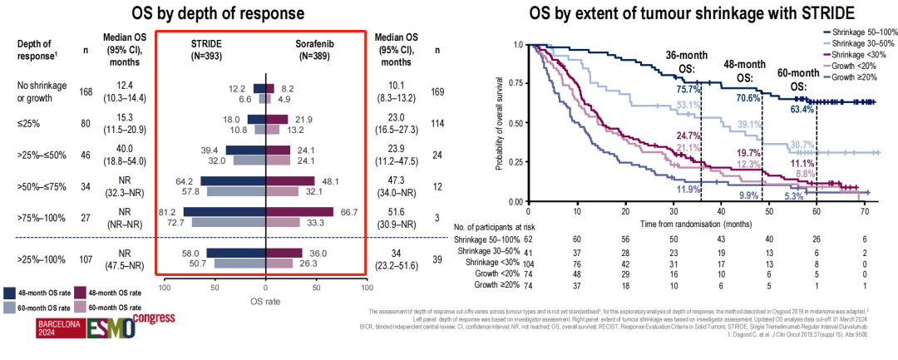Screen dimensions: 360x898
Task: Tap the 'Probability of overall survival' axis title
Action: [499, 122]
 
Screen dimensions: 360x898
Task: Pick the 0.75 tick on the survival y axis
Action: [518, 83]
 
